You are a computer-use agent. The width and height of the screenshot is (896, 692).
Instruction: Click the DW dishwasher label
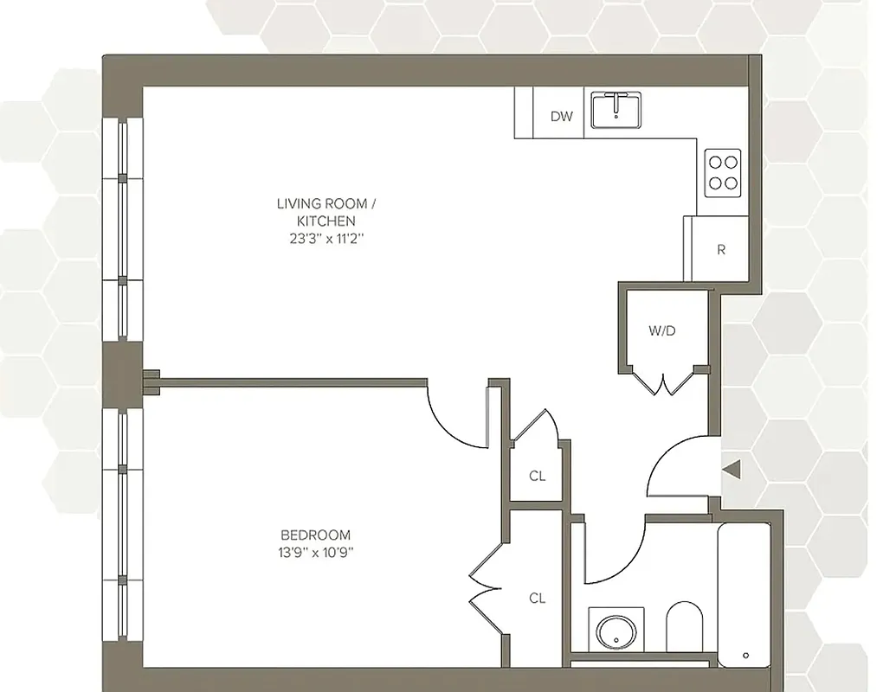562,116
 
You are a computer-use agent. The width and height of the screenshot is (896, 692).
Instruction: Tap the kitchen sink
616,111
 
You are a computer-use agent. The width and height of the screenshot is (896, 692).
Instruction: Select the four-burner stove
722,171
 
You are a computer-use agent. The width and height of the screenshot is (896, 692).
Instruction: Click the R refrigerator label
720,250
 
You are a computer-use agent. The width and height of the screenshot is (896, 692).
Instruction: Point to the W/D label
661,330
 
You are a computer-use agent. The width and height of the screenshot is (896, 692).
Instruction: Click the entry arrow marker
732,470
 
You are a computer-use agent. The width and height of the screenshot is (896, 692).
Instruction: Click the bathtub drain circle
745,656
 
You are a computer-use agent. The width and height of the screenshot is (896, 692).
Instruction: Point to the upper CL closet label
538,476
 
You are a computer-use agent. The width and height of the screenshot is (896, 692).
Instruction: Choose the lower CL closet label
538,598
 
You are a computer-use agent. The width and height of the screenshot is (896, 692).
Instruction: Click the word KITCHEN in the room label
326,221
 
